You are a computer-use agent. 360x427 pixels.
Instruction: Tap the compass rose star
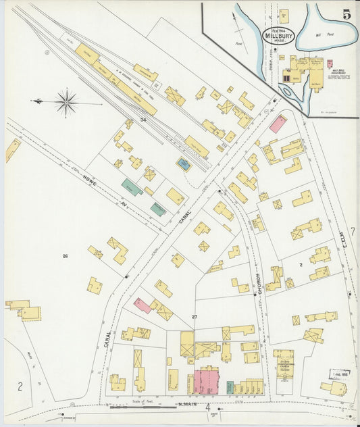66,103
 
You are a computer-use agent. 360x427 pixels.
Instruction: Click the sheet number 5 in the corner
346,14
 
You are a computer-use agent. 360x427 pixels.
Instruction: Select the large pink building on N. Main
207,380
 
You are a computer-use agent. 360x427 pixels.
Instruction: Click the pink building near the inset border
277,124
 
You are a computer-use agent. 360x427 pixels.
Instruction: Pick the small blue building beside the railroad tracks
183,164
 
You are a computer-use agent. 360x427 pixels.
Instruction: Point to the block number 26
65,255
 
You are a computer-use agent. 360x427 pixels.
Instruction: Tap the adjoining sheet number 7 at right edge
352,231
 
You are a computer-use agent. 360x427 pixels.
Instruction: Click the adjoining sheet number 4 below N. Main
209,407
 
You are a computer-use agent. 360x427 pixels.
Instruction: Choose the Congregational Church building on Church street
283,363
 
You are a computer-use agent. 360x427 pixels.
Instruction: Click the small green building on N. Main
230,386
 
